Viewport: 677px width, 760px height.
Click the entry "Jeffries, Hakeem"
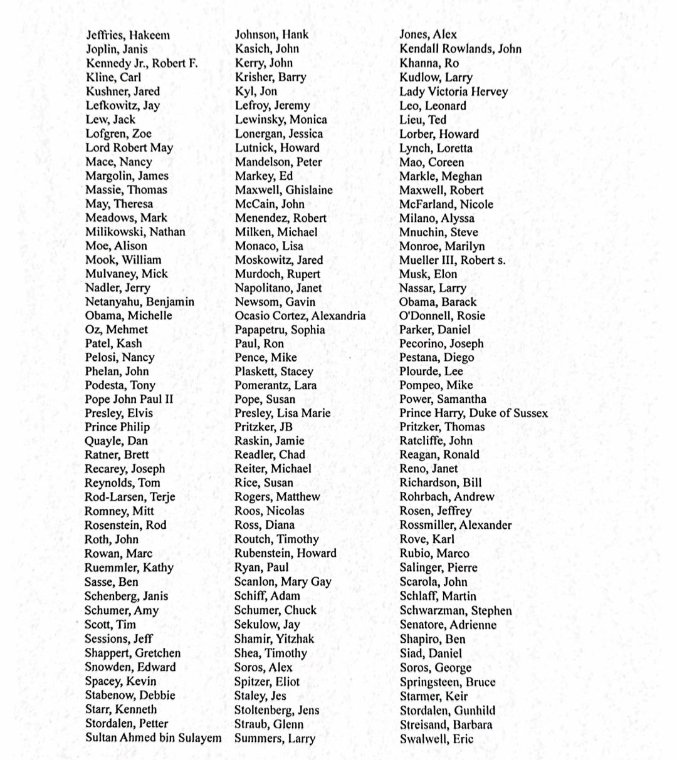point(128,35)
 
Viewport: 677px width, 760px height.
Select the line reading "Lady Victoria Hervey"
point(453,91)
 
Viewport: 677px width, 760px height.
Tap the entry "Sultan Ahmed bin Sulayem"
point(153,737)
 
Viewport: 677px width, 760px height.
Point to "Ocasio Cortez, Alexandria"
point(300,316)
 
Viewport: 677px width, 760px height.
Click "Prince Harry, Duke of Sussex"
point(473,413)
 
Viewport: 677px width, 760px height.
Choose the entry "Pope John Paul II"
point(129,399)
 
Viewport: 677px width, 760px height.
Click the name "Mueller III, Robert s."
point(452,260)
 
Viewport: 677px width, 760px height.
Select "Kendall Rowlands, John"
point(460,49)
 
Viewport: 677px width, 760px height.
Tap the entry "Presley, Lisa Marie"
point(282,413)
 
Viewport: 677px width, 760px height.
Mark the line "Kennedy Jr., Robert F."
point(142,63)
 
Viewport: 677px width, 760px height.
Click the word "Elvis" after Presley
point(140,413)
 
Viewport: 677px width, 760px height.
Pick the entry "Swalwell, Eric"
point(436,739)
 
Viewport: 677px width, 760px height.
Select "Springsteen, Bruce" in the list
point(447,682)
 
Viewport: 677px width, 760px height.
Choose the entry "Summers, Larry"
point(275,739)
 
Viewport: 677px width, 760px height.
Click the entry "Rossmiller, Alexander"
point(455,525)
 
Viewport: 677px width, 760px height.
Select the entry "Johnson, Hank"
point(271,34)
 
